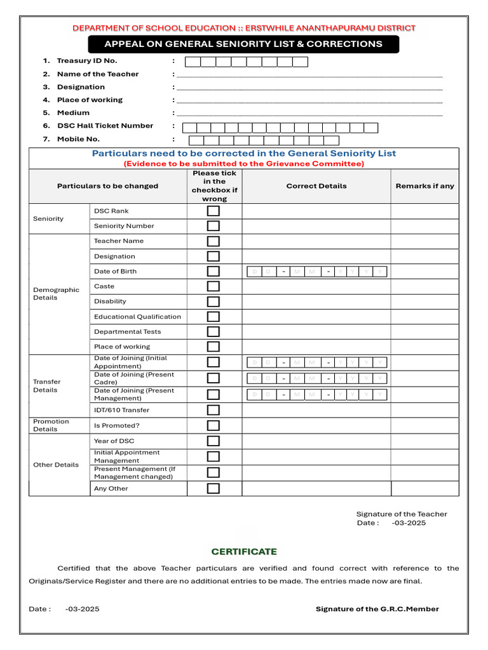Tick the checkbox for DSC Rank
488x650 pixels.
pyautogui.click(x=213, y=211)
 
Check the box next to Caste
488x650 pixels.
pyautogui.click(x=213, y=286)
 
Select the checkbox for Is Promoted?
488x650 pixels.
pyautogui.click(x=213, y=425)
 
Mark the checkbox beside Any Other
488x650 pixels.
pyautogui.click(x=213, y=488)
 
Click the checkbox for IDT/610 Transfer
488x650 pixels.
pyautogui.click(x=213, y=410)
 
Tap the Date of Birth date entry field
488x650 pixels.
pyautogui.click(x=316, y=272)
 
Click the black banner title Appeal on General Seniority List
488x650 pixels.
pyautogui.click(x=243, y=44)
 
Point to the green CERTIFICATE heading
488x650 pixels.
pyautogui.click(x=244, y=552)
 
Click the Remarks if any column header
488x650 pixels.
pyautogui.click(x=424, y=186)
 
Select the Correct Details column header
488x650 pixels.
pyautogui.click(x=316, y=186)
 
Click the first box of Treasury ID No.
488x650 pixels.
pyautogui.click(x=193, y=62)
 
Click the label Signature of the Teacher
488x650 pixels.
pyautogui.click(x=402, y=514)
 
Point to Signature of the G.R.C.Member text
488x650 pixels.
pyautogui.click(x=377, y=609)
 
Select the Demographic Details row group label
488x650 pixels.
pyautogui.click(x=56, y=293)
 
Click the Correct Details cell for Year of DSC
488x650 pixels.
pyautogui.click(x=316, y=441)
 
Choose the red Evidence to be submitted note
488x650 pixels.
pyautogui.click(x=244, y=164)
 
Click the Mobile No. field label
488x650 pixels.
pyautogui.click(x=78, y=139)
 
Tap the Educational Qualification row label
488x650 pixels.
pyautogui.click(x=137, y=317)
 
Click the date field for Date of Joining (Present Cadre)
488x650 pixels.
pyautogui.click(x=316, y=378)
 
